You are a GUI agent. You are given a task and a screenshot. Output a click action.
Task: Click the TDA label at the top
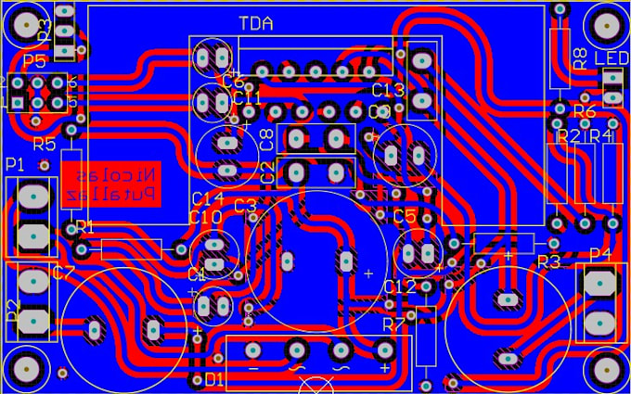[x=255, y=23]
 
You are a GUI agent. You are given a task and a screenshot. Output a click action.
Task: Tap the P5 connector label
[x=34, y=61]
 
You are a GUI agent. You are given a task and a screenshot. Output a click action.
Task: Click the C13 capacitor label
[x=388, y=90]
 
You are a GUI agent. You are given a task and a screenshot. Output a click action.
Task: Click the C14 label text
[x=207, y=198]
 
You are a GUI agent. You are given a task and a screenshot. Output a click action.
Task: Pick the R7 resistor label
[x=394, y=324]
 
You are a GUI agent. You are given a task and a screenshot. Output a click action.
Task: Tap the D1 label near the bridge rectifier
[x=214, y=379]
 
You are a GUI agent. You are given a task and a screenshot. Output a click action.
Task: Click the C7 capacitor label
[x=63, y=273]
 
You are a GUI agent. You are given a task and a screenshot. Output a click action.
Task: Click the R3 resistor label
[x=548, y=261]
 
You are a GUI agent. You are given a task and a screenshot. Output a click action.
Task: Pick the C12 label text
[x=400, y=287]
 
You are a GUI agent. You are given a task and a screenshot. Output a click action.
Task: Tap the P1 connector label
[x=15, y=164]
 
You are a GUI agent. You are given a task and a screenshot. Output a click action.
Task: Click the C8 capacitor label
[x=266, y=141]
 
